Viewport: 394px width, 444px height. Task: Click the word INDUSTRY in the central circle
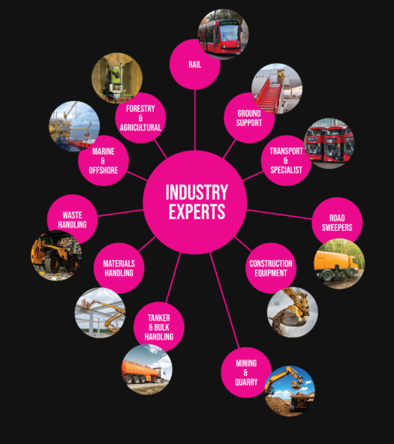[197, 192]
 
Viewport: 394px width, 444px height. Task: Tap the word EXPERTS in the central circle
[197, 211]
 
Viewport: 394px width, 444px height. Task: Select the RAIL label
[195, 64]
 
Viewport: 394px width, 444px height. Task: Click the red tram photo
[223, 34]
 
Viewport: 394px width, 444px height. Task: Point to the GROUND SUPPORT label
[249, 118]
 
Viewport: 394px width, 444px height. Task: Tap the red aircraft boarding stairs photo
[277, 88]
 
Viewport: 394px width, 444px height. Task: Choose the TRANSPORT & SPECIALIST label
[286, 160]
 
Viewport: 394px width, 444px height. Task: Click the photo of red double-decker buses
[329, 143]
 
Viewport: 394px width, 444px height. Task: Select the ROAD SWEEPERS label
[337, 223]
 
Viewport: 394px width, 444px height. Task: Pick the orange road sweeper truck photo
[339, 264]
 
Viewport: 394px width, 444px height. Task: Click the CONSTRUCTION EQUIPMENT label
[271, 268]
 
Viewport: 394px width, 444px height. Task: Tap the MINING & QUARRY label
[246, 373]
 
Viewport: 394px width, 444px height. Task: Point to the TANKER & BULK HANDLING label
[159, 327]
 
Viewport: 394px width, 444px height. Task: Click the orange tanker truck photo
[147, 369]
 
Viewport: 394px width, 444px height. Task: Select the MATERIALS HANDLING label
[119, 268]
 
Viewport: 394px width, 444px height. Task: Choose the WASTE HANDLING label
[72, 220]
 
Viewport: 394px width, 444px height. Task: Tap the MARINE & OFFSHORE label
[104, 160]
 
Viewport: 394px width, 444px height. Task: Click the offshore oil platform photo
[74, 127]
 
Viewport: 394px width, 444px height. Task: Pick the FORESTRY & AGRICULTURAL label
[140, 118]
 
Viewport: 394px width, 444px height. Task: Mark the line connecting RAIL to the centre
[195, 120]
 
